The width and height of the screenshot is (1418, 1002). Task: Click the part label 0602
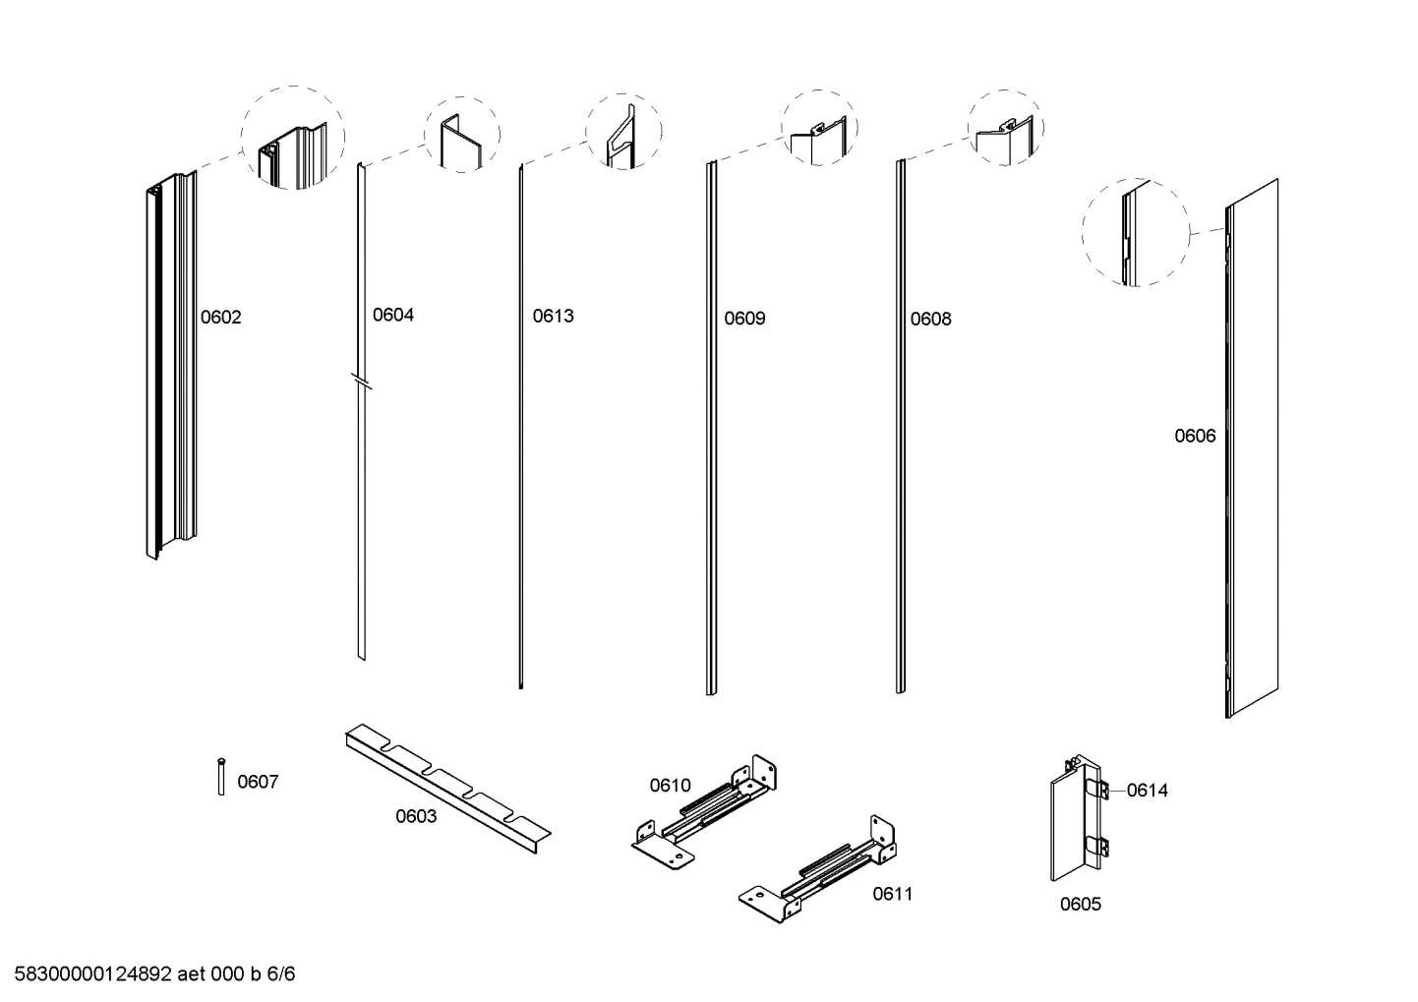(x=220, y=318)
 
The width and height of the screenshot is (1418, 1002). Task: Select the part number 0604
(x=392, y=316)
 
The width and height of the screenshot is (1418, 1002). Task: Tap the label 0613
(x=553, y=317)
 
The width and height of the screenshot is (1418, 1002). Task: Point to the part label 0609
(x=744, y=319)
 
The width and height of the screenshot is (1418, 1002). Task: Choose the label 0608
(x=930, y=320)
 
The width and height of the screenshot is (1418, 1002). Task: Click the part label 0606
(x=1195, y=437)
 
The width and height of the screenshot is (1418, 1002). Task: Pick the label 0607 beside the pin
(x=258, y=783)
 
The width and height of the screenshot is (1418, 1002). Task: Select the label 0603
(x=416, y=817)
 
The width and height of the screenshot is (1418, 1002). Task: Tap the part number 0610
(x=670, y=786)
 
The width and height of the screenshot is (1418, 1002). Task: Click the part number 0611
(x=892, y=894)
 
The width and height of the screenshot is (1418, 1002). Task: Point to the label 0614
(x=1147, y=791)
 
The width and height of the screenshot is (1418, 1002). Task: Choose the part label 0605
(x=1080, y=905)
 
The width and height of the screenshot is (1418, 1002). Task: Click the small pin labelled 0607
(x=221, y=776)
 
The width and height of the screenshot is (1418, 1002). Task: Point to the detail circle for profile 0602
(x=293, y=138)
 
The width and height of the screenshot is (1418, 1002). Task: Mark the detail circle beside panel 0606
(x=1135, y=233)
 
